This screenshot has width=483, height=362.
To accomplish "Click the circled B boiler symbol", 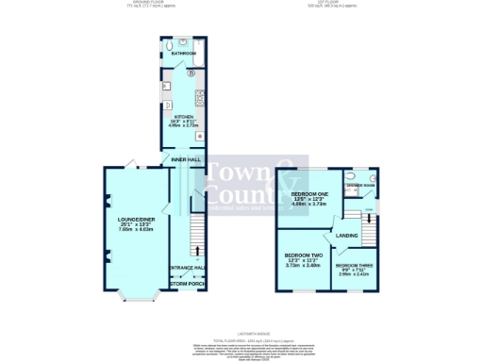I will (191, 73).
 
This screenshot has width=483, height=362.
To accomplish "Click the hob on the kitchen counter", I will (200, 97).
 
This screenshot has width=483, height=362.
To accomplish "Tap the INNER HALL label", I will (185, 159).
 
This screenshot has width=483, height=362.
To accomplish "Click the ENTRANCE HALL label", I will (187, 269).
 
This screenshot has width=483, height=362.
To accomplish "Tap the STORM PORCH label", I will (187, 283).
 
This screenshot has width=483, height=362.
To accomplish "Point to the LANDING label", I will (347, 235).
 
